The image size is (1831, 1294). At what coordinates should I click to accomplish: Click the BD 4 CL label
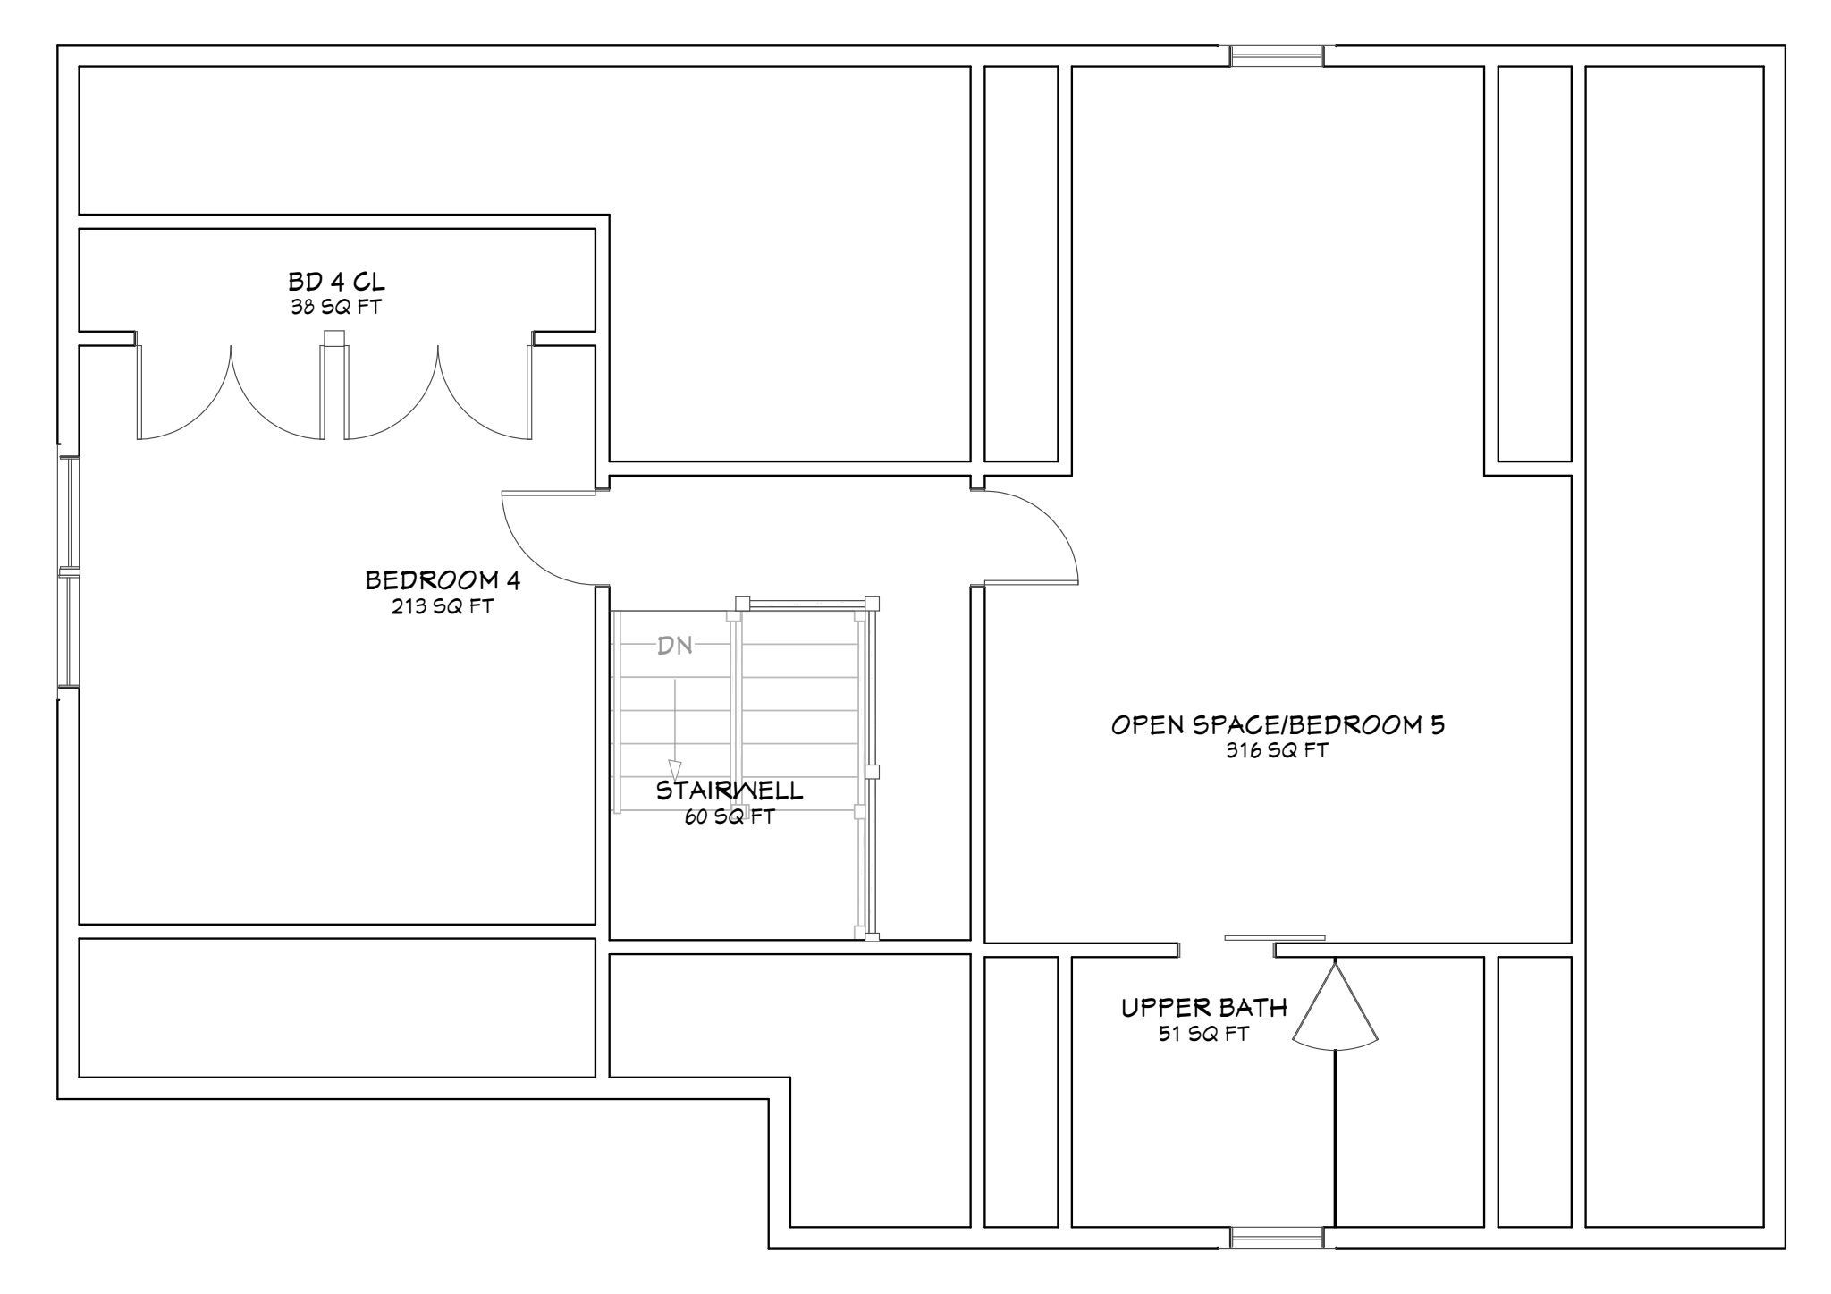(x=336, y=282)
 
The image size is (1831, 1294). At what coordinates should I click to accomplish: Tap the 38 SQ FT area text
(x=336, y=308)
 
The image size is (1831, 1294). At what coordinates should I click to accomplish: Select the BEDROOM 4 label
(x=443, y=580)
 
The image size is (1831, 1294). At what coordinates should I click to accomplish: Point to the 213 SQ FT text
(x=443, y=606)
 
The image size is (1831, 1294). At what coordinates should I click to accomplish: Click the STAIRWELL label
(x=730, y=791)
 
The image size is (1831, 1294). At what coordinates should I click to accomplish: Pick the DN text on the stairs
(x=675, y=646)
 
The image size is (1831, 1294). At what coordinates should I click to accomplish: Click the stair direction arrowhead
(x=675, y=770)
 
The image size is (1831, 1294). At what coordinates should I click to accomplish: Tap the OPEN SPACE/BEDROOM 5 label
(x=1278, y=724)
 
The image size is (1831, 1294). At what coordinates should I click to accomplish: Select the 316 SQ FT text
(x=1278, y=751)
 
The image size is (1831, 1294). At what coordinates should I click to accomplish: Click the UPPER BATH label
(x=1204, y=1008)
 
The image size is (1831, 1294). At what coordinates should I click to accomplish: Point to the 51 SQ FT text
(x=1204, y=1035)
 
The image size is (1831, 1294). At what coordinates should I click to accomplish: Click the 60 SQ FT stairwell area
(x=730, y=816)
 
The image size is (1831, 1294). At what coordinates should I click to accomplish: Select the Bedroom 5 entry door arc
(x=1051, y=519)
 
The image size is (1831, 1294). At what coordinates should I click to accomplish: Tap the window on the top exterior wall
(x=1277, y=55)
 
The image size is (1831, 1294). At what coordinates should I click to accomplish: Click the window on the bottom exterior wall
(x=1277, y=1238)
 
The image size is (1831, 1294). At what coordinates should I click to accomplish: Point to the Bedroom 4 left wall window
(x=69, y=572)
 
